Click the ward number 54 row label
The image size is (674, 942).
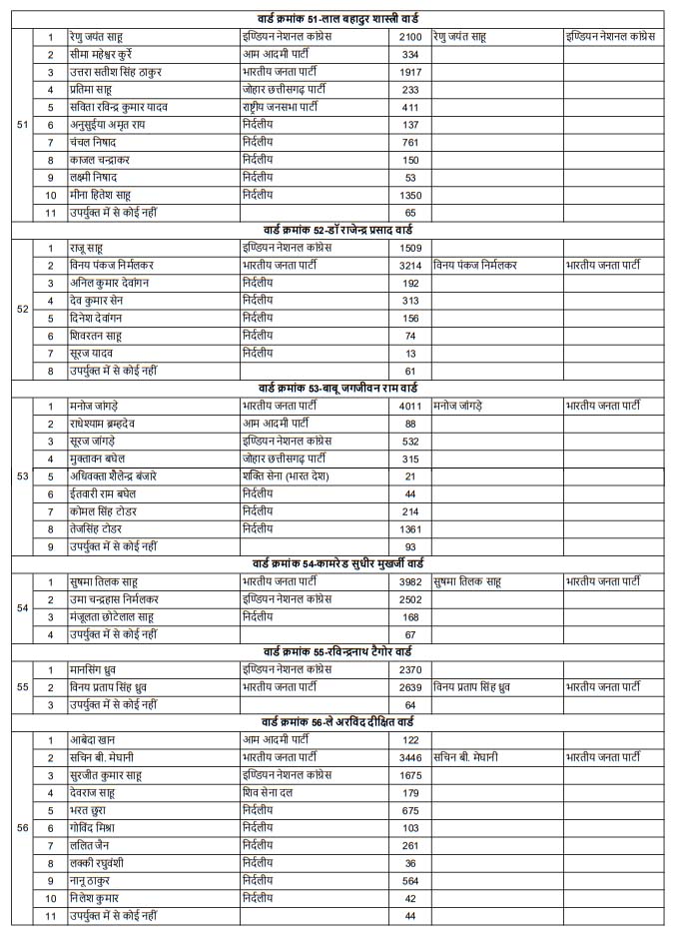(x=23, y=607)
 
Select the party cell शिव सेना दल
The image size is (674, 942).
(x=276, y=793)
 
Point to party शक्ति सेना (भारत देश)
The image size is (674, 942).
(x=294, y=476)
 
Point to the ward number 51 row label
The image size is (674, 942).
(x=23, y=125)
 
